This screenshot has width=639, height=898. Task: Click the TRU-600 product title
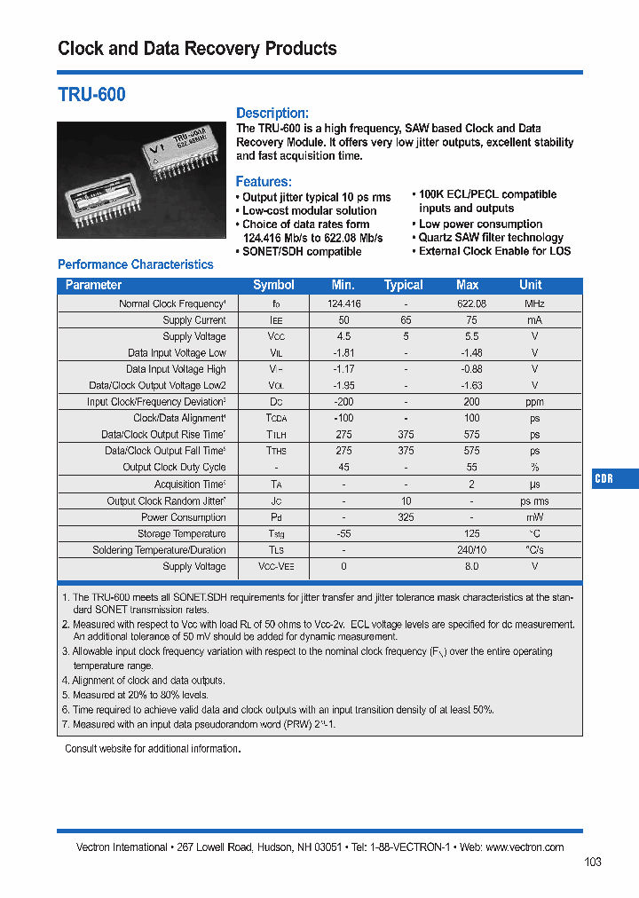(91, 94)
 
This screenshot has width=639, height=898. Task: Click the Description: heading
(272, 113)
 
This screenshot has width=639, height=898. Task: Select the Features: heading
(264, 181)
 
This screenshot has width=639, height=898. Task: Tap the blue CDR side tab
(604, 478)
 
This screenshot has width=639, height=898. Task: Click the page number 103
(593, 862)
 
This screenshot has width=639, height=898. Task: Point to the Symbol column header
(273, 285)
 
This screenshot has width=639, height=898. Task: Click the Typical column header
(404, 285)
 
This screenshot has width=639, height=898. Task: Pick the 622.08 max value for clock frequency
(471, 303)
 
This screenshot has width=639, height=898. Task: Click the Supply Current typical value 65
(406, 320)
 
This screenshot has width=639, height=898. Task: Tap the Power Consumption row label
(184, 517)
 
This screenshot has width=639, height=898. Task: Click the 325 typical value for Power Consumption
(406, 517)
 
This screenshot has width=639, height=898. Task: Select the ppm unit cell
(534, 402)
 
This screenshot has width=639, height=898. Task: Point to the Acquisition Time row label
(190, 484)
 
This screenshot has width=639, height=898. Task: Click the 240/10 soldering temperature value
(471, 550)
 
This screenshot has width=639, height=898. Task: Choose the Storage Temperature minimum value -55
(343, 533)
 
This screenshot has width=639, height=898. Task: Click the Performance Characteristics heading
(135, 264)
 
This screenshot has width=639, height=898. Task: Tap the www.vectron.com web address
(525, 847)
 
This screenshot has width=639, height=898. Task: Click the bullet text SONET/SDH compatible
(302, 251)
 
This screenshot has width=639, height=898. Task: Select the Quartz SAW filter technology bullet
(491, 238)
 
